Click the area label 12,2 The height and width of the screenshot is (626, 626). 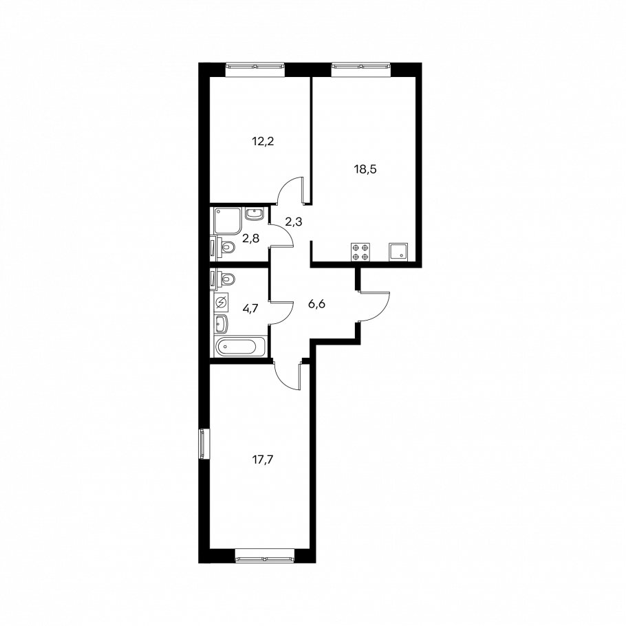click(x=263, y=141)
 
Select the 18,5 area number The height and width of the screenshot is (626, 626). click(x=365, y=169)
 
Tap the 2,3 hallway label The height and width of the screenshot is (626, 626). click(x=294, y=222)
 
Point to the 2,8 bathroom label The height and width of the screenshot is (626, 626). click(x=250, y=238)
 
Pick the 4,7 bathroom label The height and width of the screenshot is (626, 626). click(x=250, y=307)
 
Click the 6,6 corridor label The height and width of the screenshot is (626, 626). click(x=316, y=304)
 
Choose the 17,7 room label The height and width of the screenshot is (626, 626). click(x=263, y=460)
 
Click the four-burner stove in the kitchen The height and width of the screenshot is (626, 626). click(x=360, y=252)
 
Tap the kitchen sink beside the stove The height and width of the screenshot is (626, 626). click(x=398, y=252)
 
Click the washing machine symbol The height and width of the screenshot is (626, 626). click(x=222, y=303)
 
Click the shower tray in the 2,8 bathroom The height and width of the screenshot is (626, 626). click(x=228, y=221)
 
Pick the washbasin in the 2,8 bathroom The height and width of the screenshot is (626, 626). click(x=254, y=213)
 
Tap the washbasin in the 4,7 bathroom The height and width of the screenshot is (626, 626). click(x=222, y=324)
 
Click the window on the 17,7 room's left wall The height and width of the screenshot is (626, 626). click(x=204, y=444)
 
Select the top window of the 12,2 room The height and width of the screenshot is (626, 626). click(x=255, y=69)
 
